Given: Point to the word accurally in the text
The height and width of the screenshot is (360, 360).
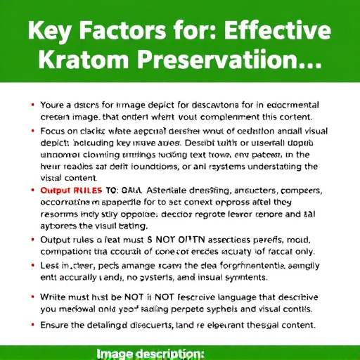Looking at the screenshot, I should click(x=79, y=277).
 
